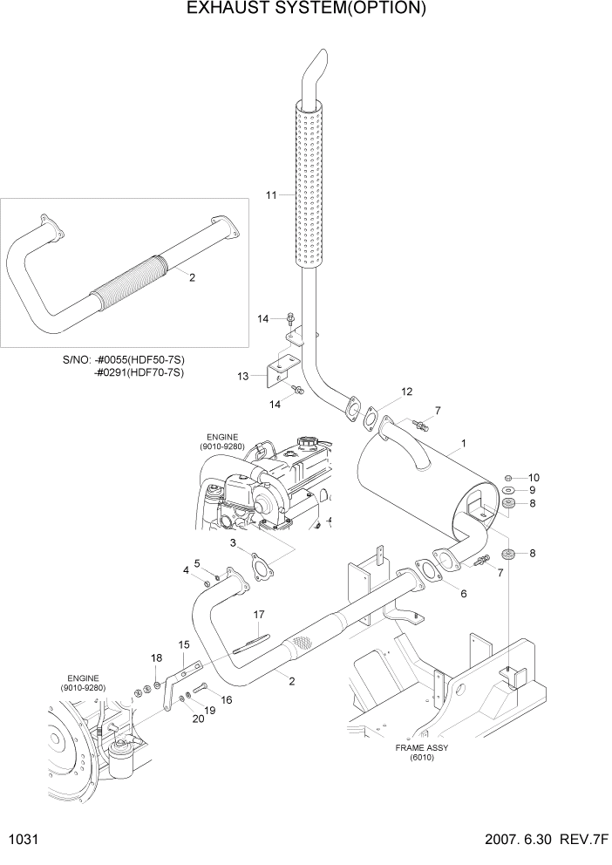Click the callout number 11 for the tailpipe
[271, 194]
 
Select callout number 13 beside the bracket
[243, 376]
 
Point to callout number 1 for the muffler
[463, 444]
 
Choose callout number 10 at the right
[534, 477]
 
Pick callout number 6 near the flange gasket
[463, 594]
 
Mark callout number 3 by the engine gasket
[234, 543]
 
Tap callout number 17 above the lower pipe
[259, 614]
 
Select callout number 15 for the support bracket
[184, 644]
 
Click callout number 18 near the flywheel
[156, 658]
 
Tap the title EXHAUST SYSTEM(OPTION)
[306, 10]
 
